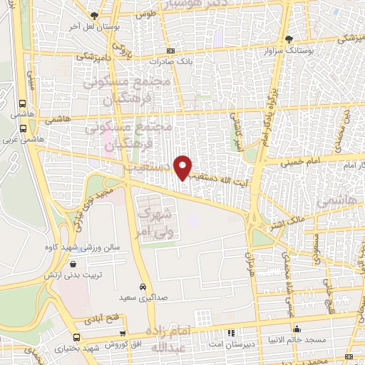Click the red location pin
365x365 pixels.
pos(184,167)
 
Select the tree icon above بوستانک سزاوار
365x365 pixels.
pos(289,39)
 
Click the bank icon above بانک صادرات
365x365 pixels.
pos(170,51)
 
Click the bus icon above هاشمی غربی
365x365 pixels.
pos(24,129)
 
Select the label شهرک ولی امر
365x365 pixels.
pos(155,220)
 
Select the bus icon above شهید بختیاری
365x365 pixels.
pos(76,336)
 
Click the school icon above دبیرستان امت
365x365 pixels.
pos(230,331)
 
